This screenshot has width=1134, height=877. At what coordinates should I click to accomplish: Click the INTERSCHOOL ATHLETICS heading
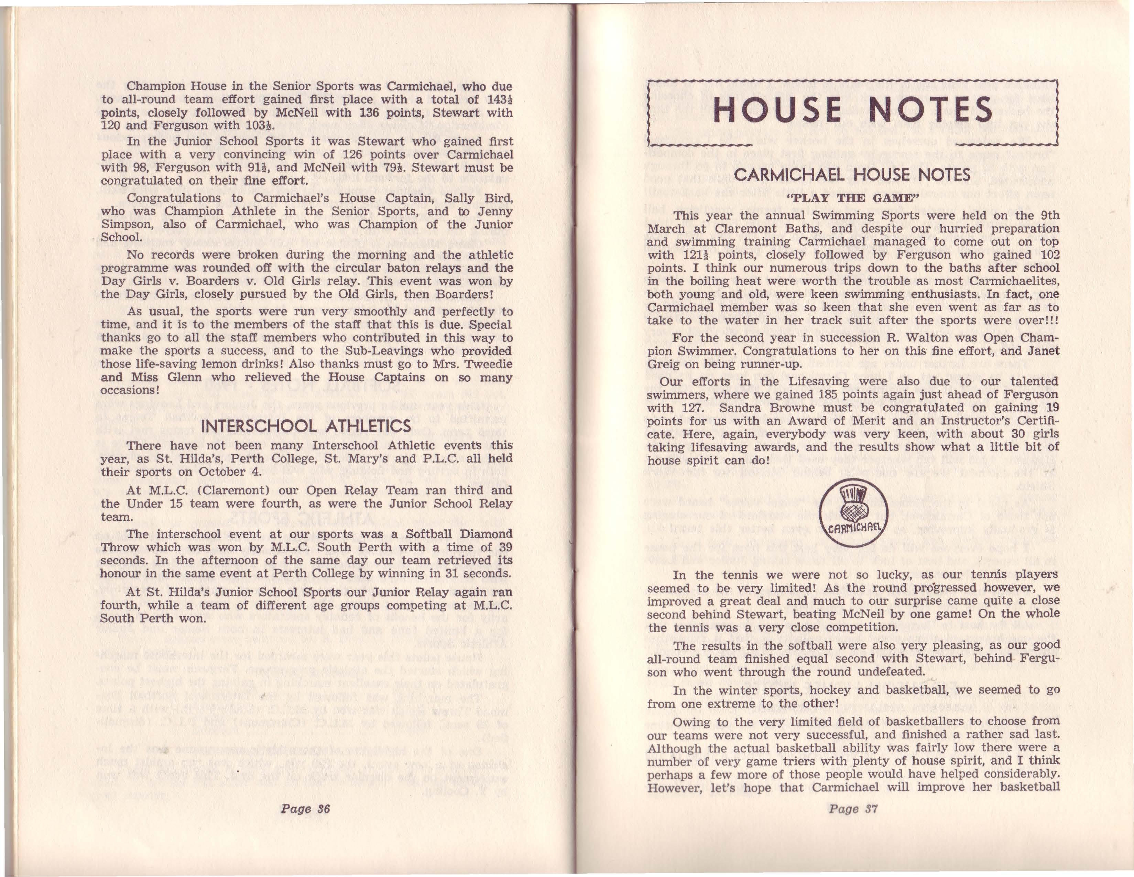(306, 426)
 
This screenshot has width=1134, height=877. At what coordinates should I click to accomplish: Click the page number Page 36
(306, 809)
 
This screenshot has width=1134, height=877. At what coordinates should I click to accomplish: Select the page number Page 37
(853, 809)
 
